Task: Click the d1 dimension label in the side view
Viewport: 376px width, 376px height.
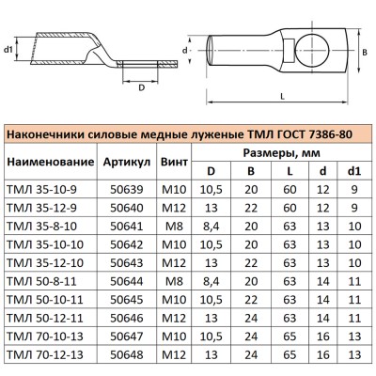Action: [x=8, y=50]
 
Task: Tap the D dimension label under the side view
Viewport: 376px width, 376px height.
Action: [x=141, y=87]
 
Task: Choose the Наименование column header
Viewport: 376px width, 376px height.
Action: [x=50, y=163]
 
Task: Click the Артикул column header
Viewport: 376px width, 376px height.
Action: [x=127, y=163]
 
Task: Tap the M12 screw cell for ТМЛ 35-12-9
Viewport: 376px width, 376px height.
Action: [x=173, y=207]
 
